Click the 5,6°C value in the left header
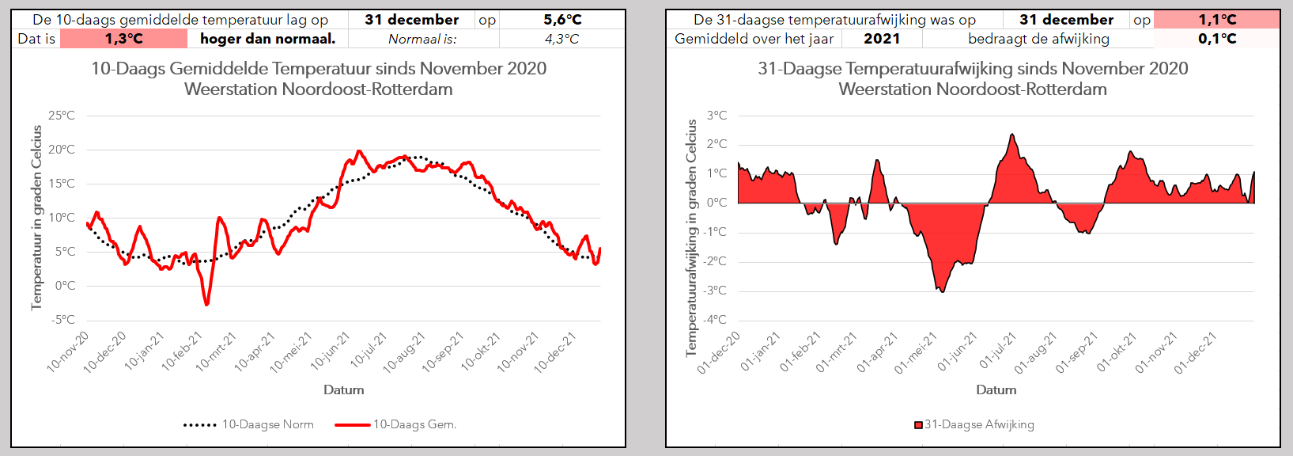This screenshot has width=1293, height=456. pyautogui.click(x=562, y=20)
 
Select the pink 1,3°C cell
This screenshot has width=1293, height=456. pyautogui.click(x=123, y=39)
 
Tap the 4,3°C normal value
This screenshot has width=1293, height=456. pyautogui.click(x=561, y=40)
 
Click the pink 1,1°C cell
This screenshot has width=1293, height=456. pyautogui.click(x=1217, y=20)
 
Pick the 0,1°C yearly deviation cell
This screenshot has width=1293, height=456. pyautogui.click(x=1217, y=39)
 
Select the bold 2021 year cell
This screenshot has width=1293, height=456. pyautogui.click(x=882, y=39)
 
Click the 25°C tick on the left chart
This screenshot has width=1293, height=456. pyautogui.click(x=62, y=116)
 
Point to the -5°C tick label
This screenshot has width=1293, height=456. pyautogui.click(x=63, y=320)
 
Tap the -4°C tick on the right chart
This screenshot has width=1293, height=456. pyautogui.click(x=716, y=320)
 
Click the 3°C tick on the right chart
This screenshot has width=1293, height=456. pyautogui.click(x=717, y=116)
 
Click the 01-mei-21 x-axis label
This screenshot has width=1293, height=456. pyautogui.click(x=916, y=352)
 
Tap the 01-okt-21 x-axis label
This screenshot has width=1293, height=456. pyautogui.click(x=1117, y=352)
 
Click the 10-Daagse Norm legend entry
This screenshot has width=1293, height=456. pyautogui.click(x=249, y=425)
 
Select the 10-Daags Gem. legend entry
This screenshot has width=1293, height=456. pyautogui.click(x=395, y=425)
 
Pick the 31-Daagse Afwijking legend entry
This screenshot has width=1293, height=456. pyautogui.click(x=974, y=425)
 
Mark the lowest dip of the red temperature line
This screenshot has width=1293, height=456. pyautogui.click(x=206, y=305)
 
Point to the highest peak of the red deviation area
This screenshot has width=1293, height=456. pyautogui.click(x=1012, y=135)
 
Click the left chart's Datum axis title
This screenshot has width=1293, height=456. pyautogui.click(x=343, y=389)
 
